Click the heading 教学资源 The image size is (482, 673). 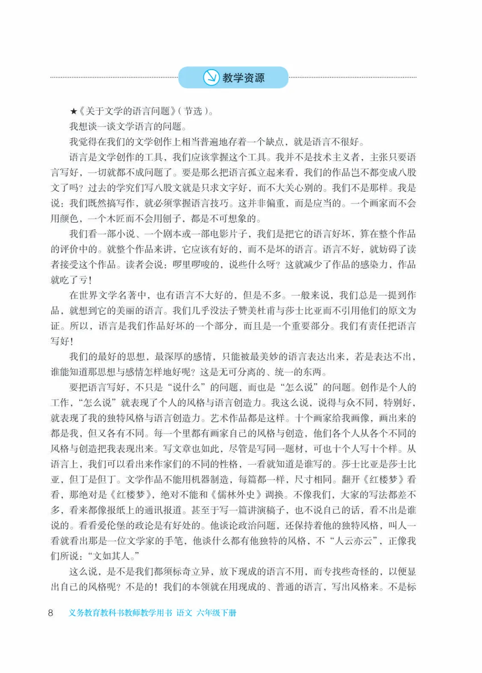click(243, 78)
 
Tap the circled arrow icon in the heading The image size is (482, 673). click(211, 78)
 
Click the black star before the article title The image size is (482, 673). click(74, 111)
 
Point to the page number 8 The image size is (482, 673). click(50, 613)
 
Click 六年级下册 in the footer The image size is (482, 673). click(216, 613)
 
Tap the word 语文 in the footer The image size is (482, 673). click(184, 613)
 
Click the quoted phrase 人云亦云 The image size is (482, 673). click(354, 541)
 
